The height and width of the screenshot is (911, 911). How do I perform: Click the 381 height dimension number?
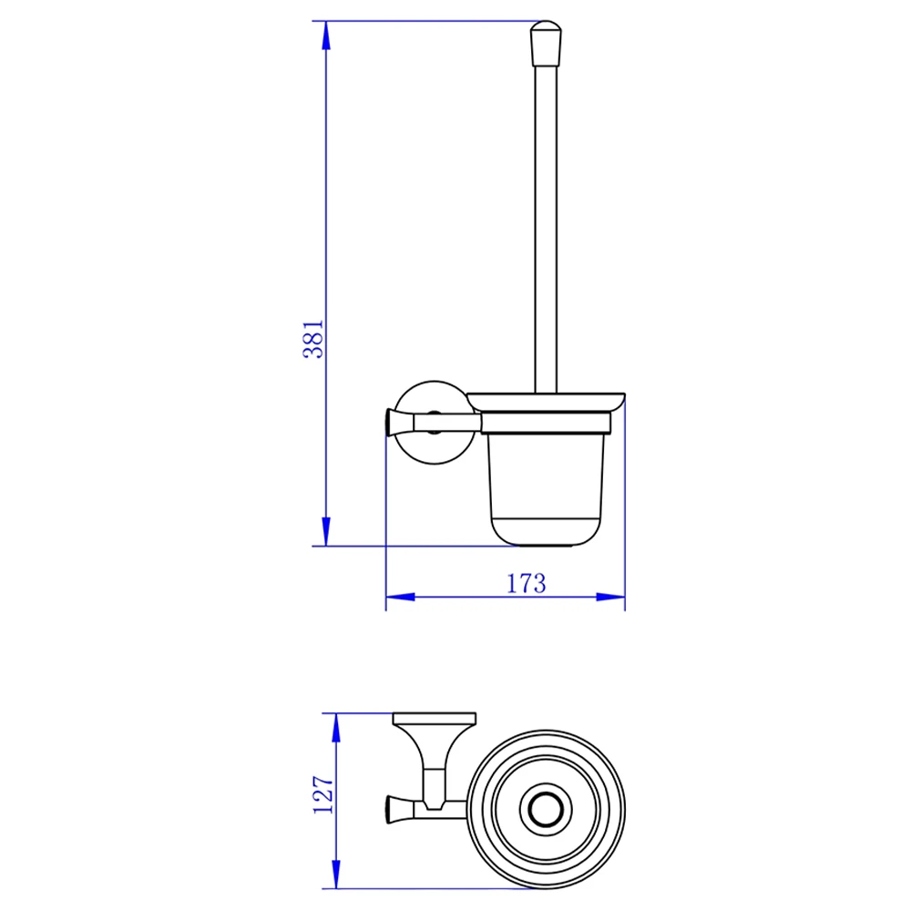[313, 339]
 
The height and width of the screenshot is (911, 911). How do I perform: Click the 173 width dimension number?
[527, 583]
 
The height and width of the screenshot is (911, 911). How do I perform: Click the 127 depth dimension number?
[323, 794]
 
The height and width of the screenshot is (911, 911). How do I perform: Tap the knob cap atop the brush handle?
[546, 44]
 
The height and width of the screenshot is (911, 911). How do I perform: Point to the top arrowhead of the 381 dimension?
[326, 36]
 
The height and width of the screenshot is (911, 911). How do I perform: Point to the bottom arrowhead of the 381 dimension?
[326, 532]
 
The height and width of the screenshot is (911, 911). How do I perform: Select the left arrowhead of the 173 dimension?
[400, 597]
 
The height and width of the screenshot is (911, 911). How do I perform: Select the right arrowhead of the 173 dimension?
[610, 597]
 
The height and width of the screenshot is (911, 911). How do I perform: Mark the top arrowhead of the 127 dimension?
[336, 727]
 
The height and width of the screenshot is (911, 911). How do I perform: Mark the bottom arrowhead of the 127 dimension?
[336, 874]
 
